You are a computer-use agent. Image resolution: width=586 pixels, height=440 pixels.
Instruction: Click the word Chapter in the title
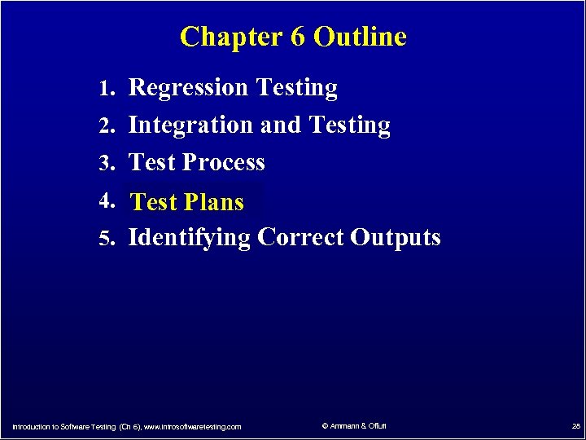click(x=230, y=37)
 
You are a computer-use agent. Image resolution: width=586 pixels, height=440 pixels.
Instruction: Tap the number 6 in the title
click(x=297, y=37)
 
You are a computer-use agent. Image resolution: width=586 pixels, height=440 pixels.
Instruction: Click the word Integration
click(x=191, y=126)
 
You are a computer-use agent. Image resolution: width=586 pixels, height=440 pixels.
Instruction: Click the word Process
click(x=224, y=163)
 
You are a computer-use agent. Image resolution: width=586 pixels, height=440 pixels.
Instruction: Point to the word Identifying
click(x=190, y=238)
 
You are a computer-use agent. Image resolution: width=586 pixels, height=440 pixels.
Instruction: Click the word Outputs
click(x=396, y=238)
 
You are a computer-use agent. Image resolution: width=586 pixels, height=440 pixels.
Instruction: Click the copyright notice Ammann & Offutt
click(x=355, y=426)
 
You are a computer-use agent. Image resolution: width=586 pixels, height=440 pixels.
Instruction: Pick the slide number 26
click(x=575, y=426)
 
